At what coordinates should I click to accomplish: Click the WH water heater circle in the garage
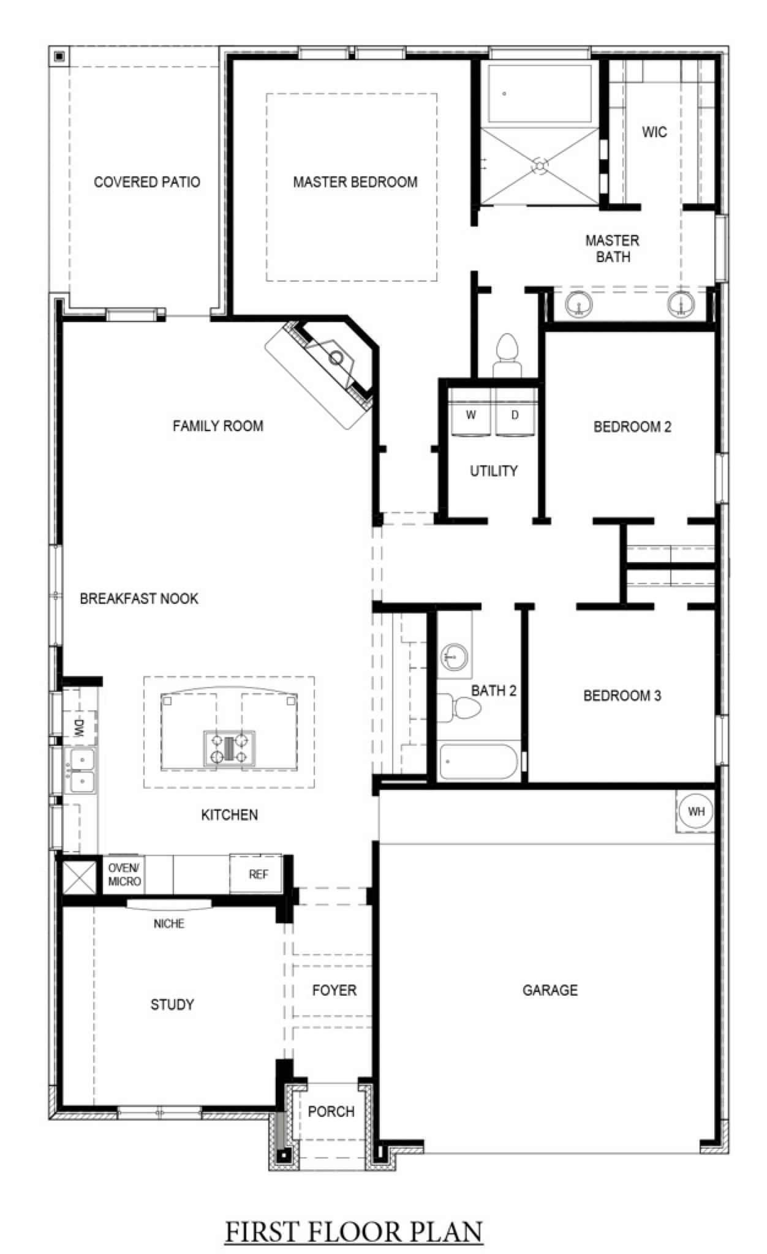point(696,811)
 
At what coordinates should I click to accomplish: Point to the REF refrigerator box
point(258,874)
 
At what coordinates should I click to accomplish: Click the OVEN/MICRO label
point(124,874)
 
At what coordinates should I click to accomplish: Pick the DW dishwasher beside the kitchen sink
point(80,728)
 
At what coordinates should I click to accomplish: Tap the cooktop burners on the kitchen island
point(229,748)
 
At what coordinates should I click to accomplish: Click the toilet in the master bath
point(507,355)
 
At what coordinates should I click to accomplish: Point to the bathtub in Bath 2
point(479,762)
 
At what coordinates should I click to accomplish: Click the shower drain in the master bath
point(540,165)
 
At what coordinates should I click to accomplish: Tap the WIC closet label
point(654,132)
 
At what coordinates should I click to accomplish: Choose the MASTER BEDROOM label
point(355,182)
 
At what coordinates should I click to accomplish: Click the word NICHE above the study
point(169,923)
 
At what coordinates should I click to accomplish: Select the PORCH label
point(331,1111)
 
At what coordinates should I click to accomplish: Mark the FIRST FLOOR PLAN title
point(354,1231)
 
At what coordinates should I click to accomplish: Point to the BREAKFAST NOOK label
point(139,598)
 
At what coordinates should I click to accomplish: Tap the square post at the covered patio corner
point(59,56)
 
